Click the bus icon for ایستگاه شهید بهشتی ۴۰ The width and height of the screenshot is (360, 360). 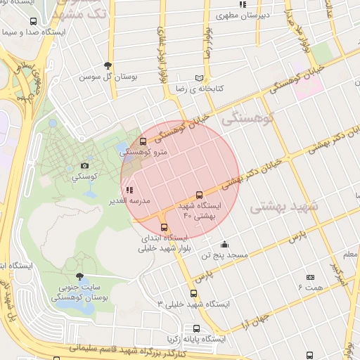pos(199,195)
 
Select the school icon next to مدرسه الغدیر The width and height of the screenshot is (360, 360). pos(129,190)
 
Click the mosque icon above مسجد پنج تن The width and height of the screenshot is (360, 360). pos(224,245)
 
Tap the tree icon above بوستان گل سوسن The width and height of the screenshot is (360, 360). pos(108,65)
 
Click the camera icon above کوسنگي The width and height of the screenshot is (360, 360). pos(86,166)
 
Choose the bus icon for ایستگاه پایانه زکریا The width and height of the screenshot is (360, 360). pos(196,328)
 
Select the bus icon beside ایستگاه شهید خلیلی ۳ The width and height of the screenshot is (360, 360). pos(193,294)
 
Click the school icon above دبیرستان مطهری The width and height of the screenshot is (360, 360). pos(243,4)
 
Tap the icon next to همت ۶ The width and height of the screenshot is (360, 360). pos(310,278)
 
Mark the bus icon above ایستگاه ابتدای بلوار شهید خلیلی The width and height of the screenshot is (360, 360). pos(165,227)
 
